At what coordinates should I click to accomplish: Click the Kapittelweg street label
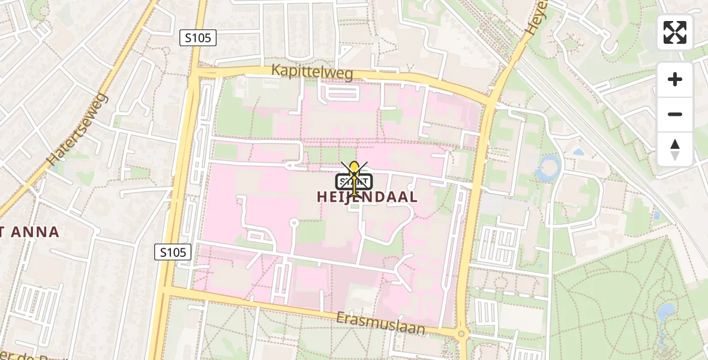312,71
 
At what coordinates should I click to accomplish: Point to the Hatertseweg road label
77,130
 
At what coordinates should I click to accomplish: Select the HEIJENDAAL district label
368,197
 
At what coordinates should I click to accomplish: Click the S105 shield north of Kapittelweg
197,38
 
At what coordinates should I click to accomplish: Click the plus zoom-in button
675,79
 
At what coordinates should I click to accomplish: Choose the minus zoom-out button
675,114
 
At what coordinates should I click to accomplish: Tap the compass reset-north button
675,149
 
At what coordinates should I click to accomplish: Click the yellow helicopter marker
355,178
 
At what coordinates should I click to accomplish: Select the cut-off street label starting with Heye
536,17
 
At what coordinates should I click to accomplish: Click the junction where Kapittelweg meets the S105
196,73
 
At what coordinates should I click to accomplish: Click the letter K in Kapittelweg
276,69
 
